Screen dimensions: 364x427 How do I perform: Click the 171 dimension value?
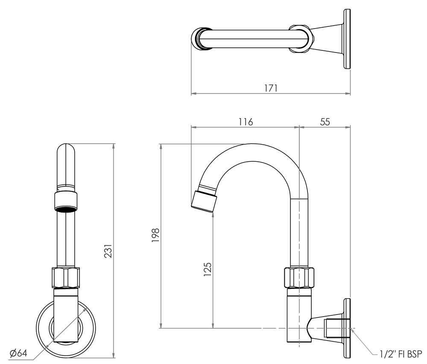coord(271,88)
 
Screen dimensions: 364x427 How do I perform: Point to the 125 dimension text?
coord(208,270)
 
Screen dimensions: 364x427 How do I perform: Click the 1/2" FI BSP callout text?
coord(401,353)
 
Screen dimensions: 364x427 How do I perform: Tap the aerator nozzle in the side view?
coord(204,200)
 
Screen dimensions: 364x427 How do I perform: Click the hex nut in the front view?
coord(66,277)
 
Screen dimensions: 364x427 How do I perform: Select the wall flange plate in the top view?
coord(347,39)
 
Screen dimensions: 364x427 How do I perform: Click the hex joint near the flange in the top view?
coord(301,39)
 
